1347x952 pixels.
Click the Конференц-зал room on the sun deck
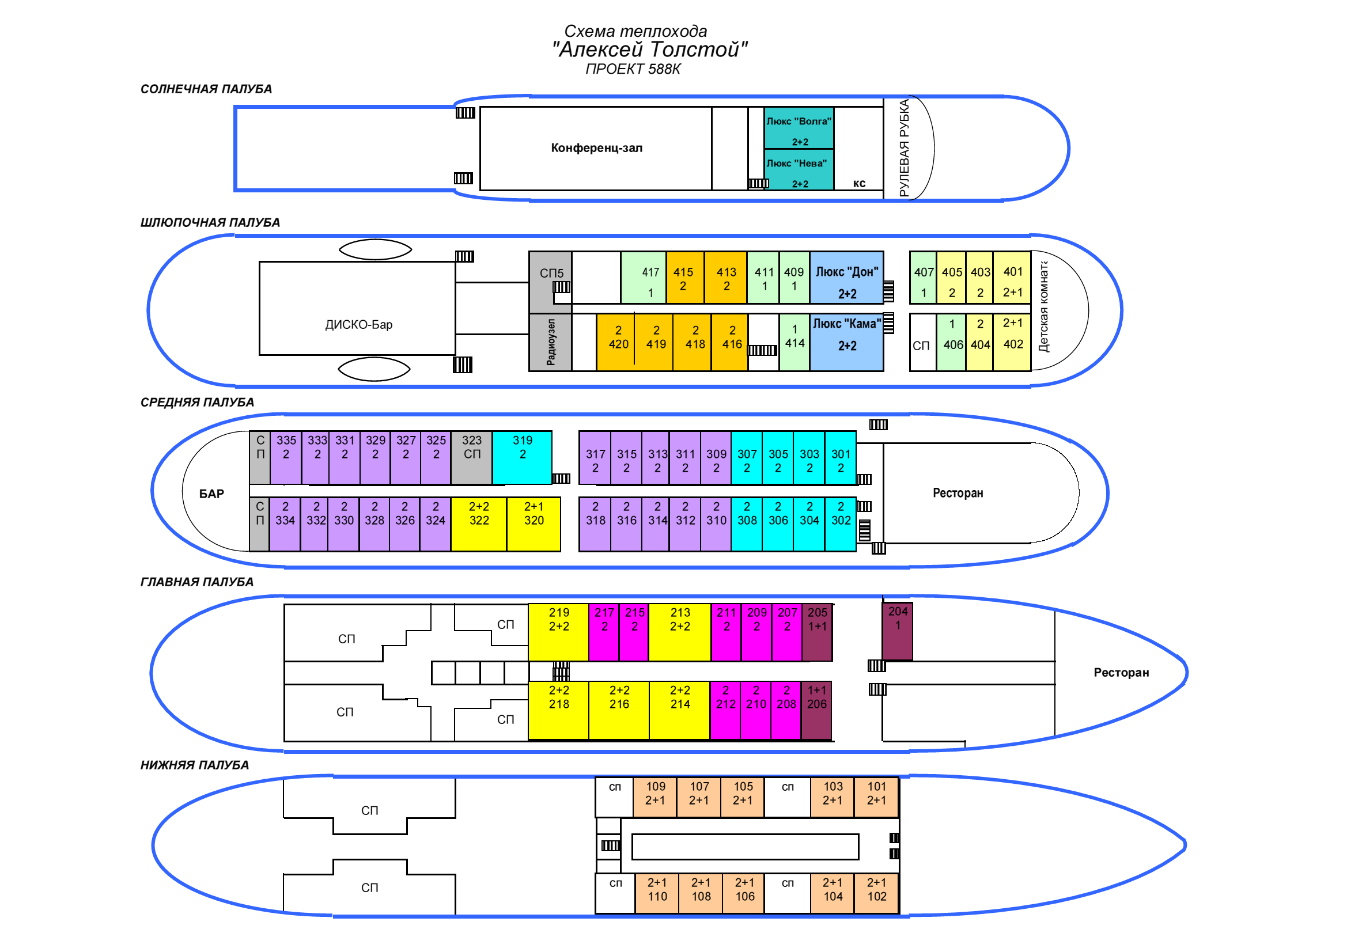(596, 148)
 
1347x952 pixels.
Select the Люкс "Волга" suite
(798, 128)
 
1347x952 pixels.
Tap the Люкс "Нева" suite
(798, 170)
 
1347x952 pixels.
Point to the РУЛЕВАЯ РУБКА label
(904, 148)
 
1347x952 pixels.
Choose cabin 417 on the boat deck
(644, 278)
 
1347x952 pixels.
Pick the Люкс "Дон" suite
(846, 278)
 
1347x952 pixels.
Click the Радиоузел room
(550, 343)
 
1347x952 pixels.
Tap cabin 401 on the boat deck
(1012, 278)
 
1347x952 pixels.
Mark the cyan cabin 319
(522, 457)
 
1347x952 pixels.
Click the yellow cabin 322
(478, 524)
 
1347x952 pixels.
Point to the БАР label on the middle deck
(211, 494)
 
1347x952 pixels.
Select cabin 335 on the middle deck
(286, 457)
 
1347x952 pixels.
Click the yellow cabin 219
(558, 632)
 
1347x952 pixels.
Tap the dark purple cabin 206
(816, 710)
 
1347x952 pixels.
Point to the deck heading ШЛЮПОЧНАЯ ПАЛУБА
(210, 223)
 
